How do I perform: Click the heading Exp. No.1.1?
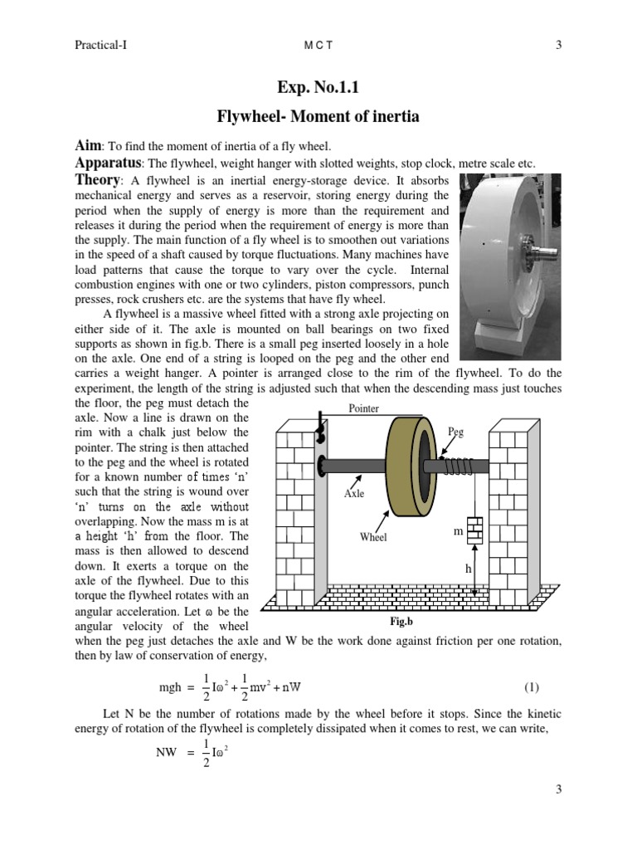pos(318,87)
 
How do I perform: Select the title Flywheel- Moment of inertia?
pos(318,117)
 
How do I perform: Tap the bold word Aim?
pos(89,145)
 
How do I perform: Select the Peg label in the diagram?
pos(455,432)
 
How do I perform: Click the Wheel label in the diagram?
pos(373,537)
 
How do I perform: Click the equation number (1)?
pos(532,687)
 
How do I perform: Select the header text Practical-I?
pos(100,46)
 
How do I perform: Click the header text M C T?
pos(318,46)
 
